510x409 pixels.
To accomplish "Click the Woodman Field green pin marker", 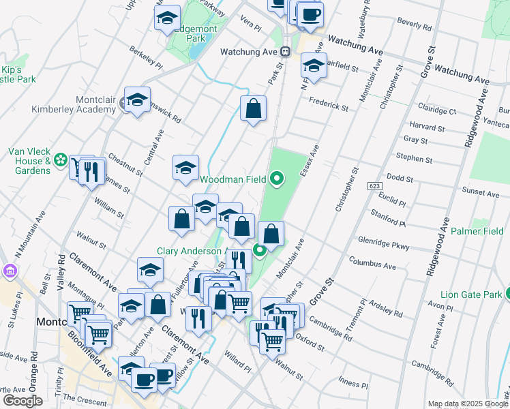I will click(277, 179).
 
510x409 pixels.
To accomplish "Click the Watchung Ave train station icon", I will click(286, 52).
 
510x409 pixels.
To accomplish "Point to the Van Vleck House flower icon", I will click(61, 160).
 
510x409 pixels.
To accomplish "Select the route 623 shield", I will click(374, 185).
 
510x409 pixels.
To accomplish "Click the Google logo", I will click(22, 401).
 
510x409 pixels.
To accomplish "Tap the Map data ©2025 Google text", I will click(468, 404).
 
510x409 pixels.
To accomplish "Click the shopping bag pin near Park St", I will click(253, 108).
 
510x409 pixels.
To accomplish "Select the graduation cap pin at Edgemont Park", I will click(166, 20).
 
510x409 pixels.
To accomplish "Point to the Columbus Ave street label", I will click(372, 263).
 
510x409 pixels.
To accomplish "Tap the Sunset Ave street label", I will click(481, 194).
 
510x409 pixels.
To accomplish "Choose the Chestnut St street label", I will click(125, 164).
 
